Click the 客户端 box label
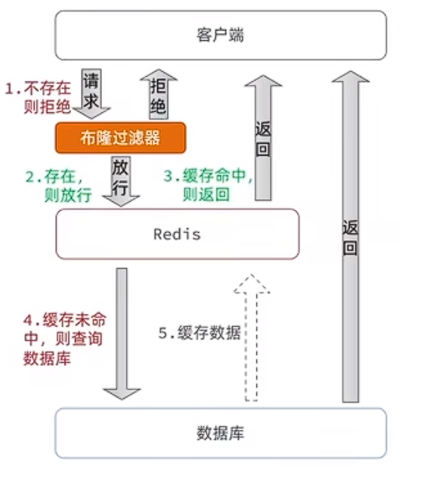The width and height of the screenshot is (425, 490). click(220, 36)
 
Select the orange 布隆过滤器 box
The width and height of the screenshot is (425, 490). click(120, 138)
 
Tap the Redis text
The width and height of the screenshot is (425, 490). click(177, 234)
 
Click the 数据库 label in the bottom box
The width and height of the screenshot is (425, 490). click(220, 433)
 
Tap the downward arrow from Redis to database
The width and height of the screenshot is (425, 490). click(121, 333)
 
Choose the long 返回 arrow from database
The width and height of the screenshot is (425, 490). click(350, 235)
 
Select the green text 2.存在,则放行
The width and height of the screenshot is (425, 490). click(59, 186)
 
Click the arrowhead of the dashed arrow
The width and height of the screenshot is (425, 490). click(251, 284)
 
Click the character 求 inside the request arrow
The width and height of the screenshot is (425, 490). click(92, 100)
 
